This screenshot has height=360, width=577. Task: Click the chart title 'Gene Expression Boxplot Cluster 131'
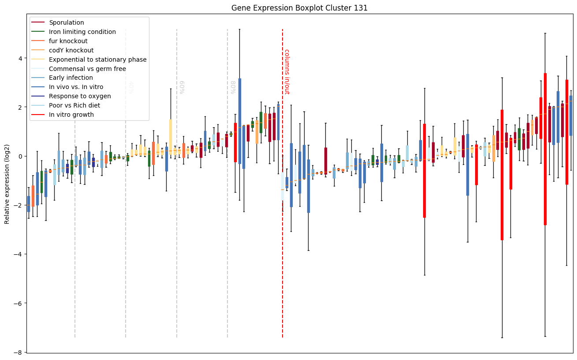click(299, 8)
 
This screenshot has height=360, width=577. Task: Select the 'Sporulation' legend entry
click(67, 22)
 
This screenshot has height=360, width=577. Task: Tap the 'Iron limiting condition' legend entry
click(82, 32)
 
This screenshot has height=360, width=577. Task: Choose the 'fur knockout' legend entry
click(68, 41)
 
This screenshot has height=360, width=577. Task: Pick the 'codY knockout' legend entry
click(71, 50)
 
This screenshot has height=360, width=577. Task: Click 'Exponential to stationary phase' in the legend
click(98, 59)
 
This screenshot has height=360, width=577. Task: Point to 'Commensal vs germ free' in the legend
click(87, 69)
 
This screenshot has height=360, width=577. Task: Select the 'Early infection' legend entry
click(71, 78)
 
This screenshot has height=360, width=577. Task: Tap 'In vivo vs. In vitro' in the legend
click(76, 87)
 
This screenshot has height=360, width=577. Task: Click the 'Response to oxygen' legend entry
click(80, 96)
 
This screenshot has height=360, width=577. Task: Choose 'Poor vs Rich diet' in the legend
click(74, 106)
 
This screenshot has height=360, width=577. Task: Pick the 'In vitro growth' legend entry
click(71, 115)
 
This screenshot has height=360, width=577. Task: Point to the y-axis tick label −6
click(18, 303)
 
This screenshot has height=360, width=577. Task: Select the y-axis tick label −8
click(18, 352)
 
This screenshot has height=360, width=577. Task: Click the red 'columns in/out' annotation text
click(287, 71)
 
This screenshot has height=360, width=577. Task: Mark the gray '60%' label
click(182, 87)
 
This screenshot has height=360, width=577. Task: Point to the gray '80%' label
click(232, 87)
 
